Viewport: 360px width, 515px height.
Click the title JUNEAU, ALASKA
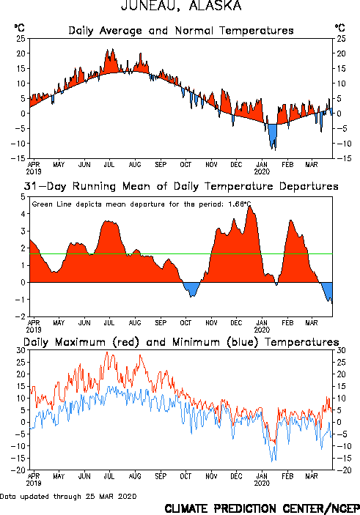pos(181,5)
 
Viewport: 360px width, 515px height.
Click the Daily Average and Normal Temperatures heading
pos(181,31)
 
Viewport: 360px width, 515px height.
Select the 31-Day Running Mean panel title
pos(181,186)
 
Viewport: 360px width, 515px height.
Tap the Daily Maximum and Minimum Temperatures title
pos(181,342)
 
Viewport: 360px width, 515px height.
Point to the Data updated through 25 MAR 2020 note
pos(68,496)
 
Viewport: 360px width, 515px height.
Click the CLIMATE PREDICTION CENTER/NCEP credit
pos(262,508)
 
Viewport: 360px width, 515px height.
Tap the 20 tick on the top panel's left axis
pos(21,53)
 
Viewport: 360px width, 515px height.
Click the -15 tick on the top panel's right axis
pos(344,158)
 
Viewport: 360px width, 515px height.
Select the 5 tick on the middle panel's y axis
pos(23,197)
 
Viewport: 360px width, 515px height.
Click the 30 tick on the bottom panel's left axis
pos(21,350)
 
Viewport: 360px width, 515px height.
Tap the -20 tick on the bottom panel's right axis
pos(344,470)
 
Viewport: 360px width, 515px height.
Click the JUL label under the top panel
pos(109,165)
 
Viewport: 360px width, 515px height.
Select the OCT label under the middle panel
pos(185,323)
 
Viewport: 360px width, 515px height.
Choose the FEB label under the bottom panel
pos(287,476)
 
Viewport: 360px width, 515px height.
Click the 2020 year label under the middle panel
pos(262,330)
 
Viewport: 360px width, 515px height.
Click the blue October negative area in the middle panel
pos(191,288)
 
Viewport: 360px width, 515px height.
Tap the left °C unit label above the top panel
pos(19,28)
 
